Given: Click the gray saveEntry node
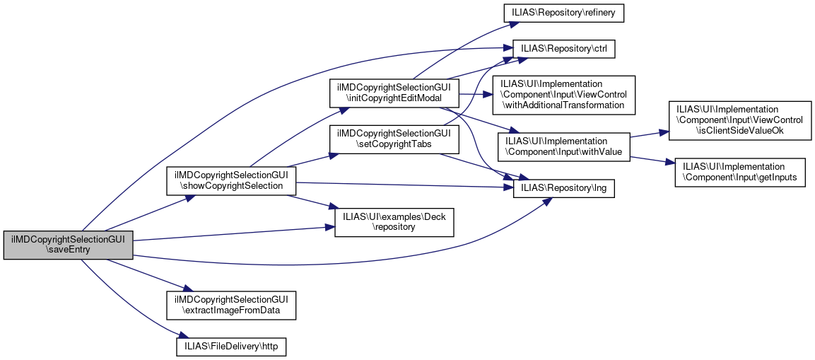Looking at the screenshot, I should tap(68, 245).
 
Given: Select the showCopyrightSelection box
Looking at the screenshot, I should tap(230, 180).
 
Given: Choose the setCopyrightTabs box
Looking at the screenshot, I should tap(394, 139).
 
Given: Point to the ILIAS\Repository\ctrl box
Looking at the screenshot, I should tap(563, 48).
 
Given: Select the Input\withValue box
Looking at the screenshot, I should tap(563, 146).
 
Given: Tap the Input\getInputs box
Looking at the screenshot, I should tap(740, 173).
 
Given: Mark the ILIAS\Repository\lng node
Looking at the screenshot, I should tap(563, 188).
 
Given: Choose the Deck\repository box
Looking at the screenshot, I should tap(394, 222).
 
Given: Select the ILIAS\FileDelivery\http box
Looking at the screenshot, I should tap(230, 347).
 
